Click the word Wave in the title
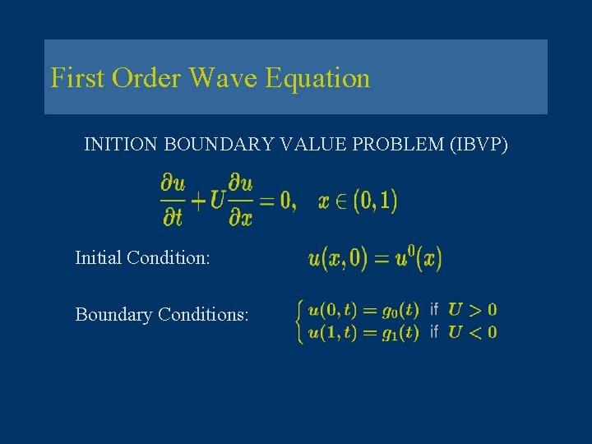(x=224, y=79)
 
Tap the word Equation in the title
(x=317, y=79)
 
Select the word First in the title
(x=78, y=79)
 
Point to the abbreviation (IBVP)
(x=479, y=146)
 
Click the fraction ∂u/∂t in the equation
(x=173, y=201)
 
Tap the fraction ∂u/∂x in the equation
(x=241, y=201)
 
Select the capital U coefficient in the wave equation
(x=217, y=201)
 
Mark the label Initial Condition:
(x=142, y=258)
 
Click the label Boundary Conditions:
(x=161, y=315)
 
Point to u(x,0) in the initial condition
(x=338, y=260)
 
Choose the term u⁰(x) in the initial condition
(x=419, y=259)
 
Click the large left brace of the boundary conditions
(x=300, y=321)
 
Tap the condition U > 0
(x=472, y=311)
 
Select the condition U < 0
(x=472, y=332)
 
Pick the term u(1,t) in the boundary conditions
(x=332, y=332)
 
